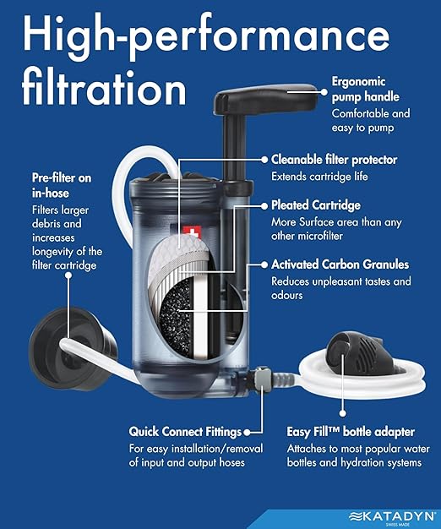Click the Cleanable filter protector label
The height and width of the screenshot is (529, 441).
(x=335, y=159)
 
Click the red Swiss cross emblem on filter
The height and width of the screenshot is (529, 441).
(x=188, y=231)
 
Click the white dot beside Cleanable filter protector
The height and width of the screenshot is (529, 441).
(x=264, y=158)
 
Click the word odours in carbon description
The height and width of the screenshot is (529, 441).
(x=288, y=296)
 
